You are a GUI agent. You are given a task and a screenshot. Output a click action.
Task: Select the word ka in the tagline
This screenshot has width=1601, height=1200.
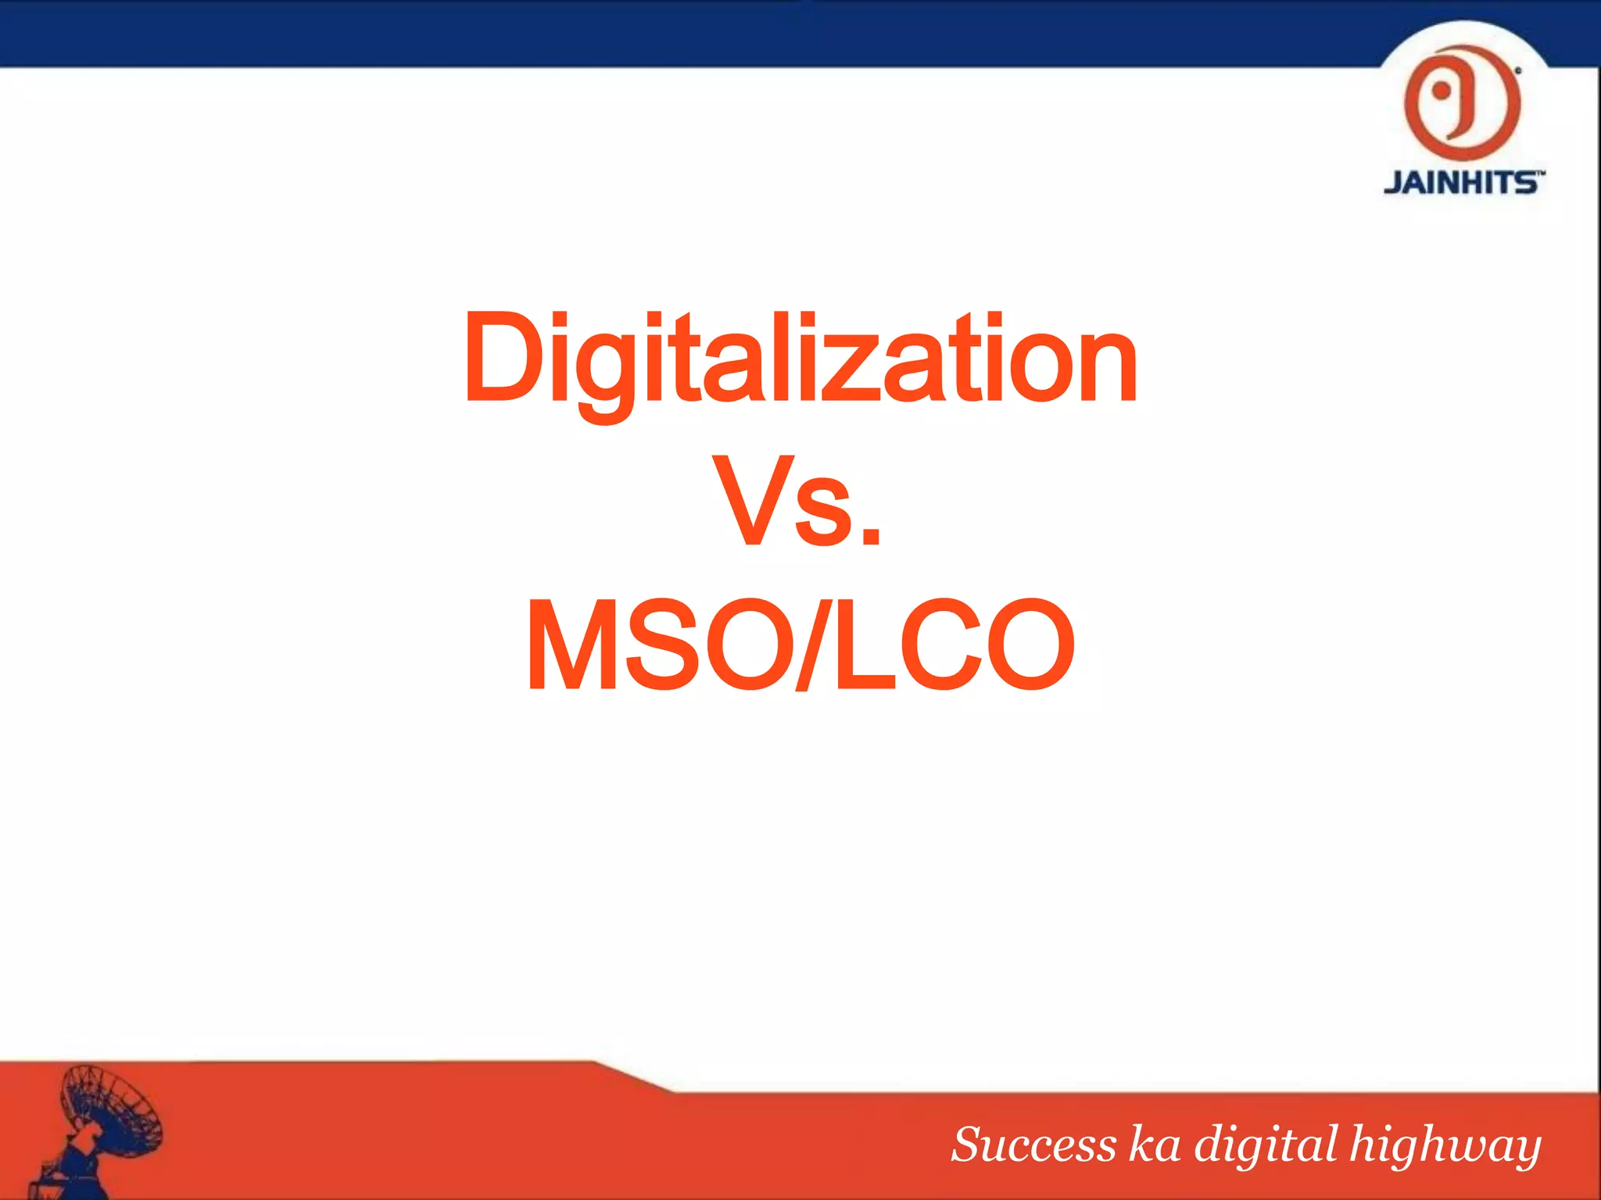click(1155, 1145)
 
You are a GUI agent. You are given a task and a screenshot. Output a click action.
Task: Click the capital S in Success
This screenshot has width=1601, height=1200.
click(969, 1145)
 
